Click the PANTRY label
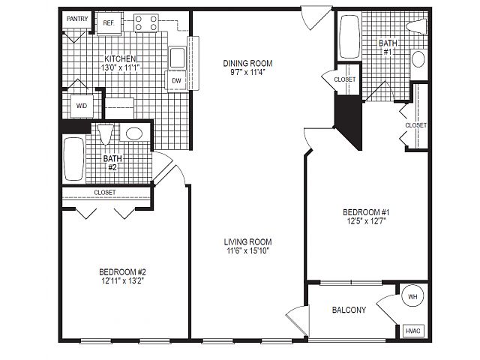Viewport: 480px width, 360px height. point(77,19)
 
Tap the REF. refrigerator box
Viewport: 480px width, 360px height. point(109,23)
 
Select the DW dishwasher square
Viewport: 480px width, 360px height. point(176,80)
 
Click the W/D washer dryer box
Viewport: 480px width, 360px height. point(82,106)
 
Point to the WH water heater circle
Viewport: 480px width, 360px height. point(412,296)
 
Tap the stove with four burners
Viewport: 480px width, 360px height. point(146,23)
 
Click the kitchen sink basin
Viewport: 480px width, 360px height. point(177,58)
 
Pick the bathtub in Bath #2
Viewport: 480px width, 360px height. point(73,159)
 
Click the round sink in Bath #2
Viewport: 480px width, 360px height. point(134,133)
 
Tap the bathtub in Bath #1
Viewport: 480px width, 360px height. point(349,37)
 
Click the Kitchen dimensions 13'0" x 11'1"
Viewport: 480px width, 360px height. point(120,67)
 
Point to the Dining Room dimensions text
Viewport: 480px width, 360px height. point(247,72)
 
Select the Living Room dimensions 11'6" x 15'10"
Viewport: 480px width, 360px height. point(247,251)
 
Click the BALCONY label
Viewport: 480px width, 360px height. point(349,310)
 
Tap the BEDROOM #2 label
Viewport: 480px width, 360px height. point(122,271)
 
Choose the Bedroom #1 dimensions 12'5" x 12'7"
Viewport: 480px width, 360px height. point(366,221)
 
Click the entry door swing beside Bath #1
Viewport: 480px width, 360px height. point(316,19)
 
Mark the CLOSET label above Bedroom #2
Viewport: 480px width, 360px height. point(105,193)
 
